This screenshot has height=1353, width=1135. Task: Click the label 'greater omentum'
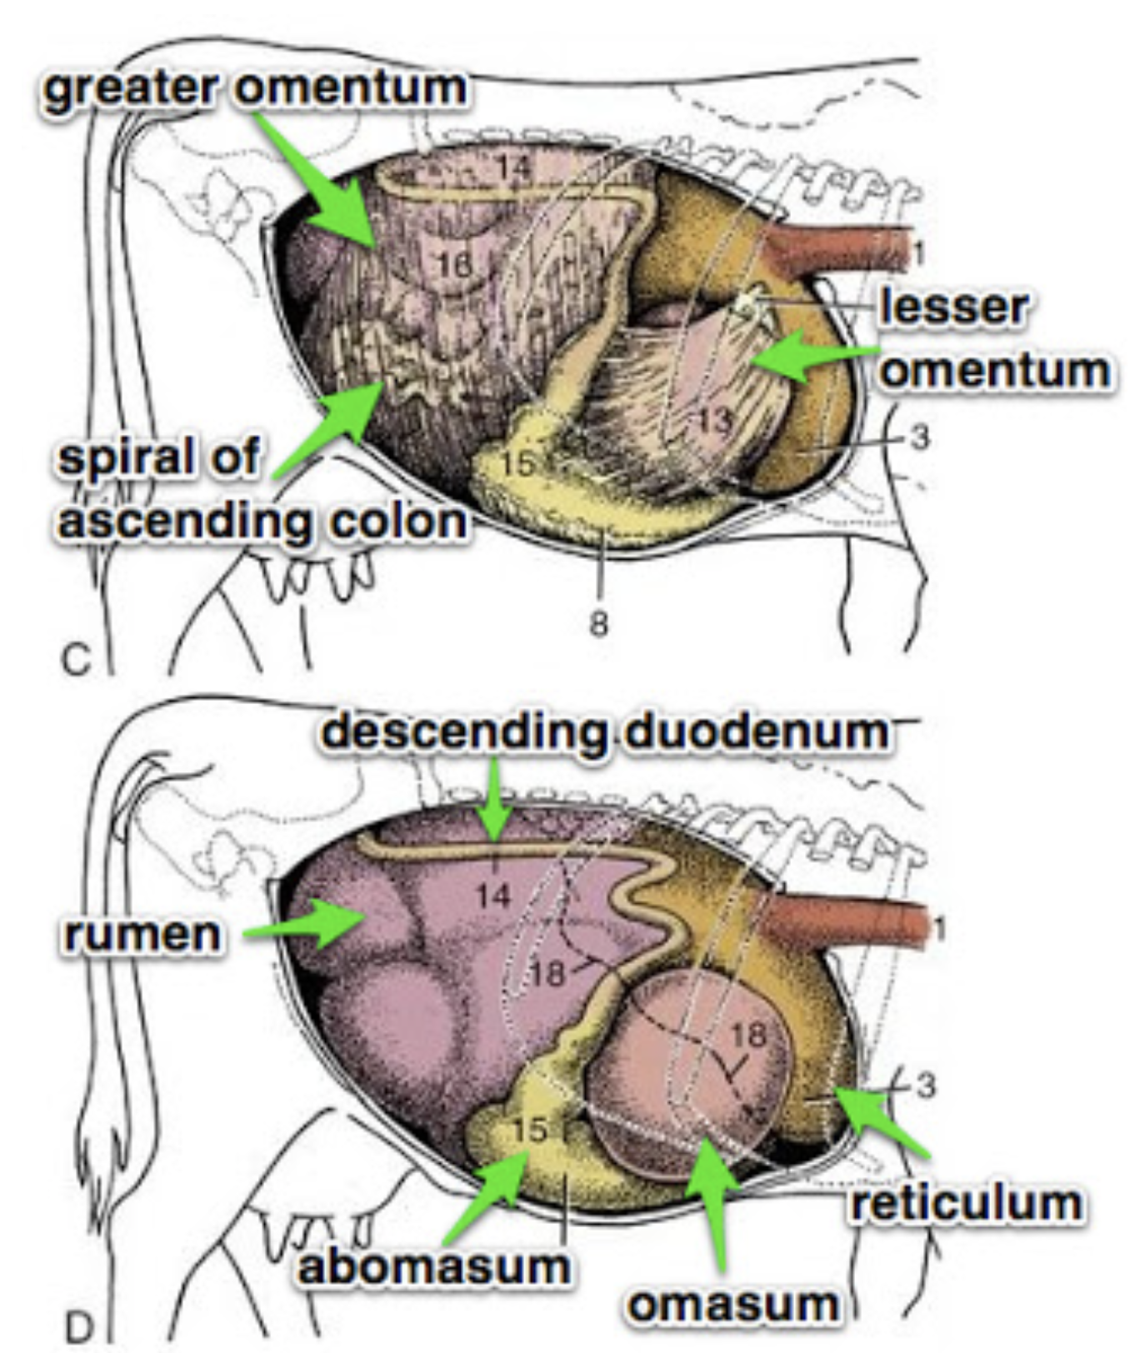tap(254, 88)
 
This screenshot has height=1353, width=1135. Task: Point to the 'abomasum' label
tap(434, 1267)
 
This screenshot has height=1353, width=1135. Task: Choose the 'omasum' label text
tap(733, 1304)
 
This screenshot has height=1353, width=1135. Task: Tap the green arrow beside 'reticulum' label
tap(883, 1121)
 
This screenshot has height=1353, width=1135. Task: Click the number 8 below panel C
tap(598, 623)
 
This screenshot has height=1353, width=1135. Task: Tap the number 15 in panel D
tap(529, 1129)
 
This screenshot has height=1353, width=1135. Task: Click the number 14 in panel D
tap(494, 896)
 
